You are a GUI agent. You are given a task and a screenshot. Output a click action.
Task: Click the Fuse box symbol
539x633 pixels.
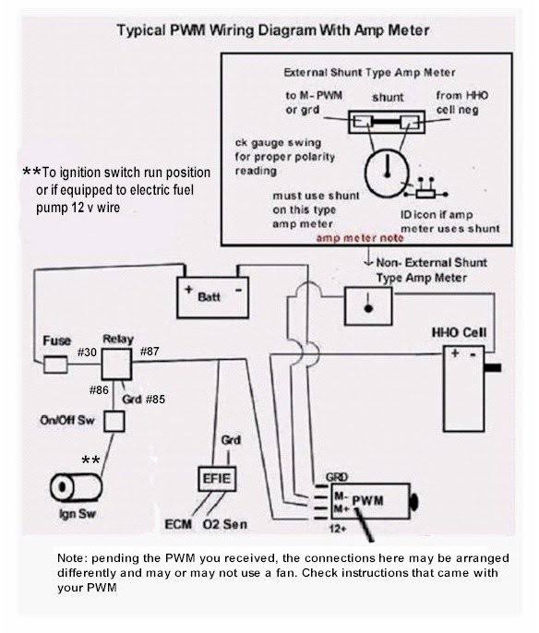tap(55, 364)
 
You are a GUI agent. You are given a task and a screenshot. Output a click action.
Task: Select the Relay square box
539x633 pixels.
tap(116, 364)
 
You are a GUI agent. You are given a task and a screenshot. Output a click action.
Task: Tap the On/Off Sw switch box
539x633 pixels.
tap(114, 421)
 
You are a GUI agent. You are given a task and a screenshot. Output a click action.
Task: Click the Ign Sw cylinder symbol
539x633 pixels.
tap(76, 487)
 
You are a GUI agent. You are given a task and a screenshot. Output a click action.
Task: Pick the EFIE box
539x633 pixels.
tap(217, 479)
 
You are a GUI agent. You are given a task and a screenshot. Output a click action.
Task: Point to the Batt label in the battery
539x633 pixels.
tap(209, 297)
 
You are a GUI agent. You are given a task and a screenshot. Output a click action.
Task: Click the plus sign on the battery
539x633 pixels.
tap(188, 290)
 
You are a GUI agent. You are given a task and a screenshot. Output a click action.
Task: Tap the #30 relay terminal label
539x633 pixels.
tap(87, 352)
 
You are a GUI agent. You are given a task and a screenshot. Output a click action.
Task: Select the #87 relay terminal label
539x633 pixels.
tap(150, 352)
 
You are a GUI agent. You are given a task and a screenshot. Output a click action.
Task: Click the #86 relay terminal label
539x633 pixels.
tap(99, 390)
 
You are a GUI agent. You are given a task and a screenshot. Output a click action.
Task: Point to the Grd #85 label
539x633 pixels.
tap(144, 400)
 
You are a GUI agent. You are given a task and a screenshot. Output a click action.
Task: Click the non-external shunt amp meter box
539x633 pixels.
tap(368, 306)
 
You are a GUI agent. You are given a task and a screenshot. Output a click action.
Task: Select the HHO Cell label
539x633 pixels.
tap(459, 332)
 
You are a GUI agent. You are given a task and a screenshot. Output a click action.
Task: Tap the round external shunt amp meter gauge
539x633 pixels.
tap(387, 173)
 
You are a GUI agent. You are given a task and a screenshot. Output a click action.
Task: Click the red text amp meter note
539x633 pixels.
tap(360, 238)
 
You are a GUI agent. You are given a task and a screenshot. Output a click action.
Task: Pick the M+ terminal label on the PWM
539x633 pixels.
tap(341, 508)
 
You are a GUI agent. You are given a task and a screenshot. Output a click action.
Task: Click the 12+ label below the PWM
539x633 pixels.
tap(338, 528)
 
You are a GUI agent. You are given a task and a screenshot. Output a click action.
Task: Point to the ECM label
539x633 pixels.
tap(178, 524)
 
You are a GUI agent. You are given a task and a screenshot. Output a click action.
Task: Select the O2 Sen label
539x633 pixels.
tap(225, 524)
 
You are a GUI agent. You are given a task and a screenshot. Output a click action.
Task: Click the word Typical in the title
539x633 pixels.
tap(141, 31)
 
